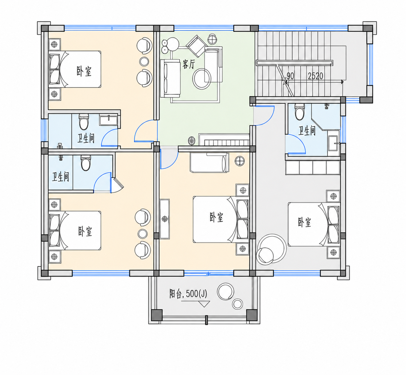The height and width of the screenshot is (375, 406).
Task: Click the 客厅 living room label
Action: click(189, 64)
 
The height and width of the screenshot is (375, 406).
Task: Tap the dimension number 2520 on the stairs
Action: click(316, 76)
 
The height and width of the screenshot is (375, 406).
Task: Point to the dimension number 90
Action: click(290, 76)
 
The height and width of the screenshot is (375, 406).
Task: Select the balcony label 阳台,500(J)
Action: click(188, 293)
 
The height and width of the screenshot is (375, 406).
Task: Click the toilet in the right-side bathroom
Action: click(300, 112)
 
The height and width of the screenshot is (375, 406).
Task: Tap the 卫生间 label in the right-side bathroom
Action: click(307, 131)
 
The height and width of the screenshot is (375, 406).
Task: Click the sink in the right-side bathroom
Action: click(334, 143)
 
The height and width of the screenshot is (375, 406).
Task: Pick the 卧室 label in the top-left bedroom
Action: click(84, 71)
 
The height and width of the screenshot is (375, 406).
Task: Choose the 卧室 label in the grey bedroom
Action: click(304, 222)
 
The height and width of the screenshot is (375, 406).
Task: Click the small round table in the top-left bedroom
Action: click(144, 61)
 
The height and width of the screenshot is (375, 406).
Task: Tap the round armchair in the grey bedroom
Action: click(265, 256)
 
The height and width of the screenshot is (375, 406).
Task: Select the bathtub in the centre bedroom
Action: click(209, 162)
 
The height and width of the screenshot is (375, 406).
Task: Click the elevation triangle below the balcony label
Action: click(204, 304)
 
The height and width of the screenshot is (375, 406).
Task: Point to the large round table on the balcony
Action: click(225, 292)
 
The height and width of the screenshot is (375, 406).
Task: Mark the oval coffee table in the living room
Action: click(201, 79)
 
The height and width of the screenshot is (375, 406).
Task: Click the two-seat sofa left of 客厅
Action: click(170, 78)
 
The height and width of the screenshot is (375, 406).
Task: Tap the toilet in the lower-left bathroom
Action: click(86, 163)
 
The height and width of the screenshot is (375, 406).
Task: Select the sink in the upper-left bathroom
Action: click(108, 120)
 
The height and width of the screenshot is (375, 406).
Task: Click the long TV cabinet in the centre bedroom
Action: click(164, 219)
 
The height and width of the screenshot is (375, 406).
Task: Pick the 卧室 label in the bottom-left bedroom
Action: click(85, 231)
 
